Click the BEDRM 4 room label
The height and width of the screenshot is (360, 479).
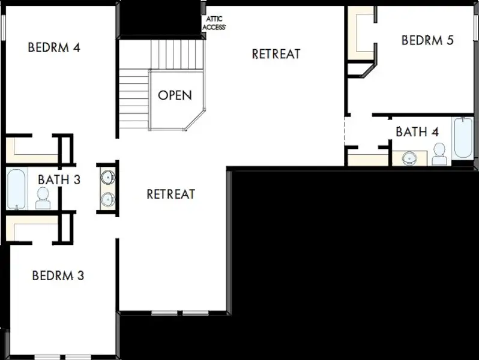[x=54, y=47]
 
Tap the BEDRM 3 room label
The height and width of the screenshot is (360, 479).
[x=58, y=275]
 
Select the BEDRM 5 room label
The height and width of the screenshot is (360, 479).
[x=427, y=40]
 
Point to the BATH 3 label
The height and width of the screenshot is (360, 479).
[x=59, y=179]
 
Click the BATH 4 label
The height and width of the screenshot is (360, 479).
[x=417, y=132]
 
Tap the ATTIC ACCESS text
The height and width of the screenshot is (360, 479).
[x=214, y=23]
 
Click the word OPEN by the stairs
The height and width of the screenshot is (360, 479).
[x=175, y=95]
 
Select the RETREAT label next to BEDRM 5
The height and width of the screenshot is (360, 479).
[x=276, y=54]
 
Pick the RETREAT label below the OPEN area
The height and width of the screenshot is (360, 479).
[x=170, y=194]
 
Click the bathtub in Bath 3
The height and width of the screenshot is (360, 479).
[x=16, y=189]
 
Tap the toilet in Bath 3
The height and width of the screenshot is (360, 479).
[x=43, y=198]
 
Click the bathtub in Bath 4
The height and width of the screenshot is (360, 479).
[x=463, y=138]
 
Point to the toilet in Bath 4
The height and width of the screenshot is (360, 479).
[x=439, y=154]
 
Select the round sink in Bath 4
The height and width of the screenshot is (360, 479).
[x=409, y=158]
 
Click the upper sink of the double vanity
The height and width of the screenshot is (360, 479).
[x=108, y=177]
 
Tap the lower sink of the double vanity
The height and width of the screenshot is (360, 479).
[x=108, y=199]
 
